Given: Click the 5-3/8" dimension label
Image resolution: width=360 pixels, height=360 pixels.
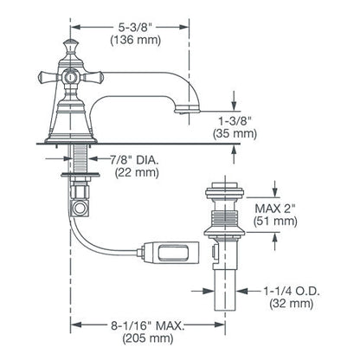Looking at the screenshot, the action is click(x=135, y=28).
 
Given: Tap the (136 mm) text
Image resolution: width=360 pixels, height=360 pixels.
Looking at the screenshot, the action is click(x=135, y=40).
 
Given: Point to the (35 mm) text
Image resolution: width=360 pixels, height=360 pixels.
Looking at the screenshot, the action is click(x=235, y=134).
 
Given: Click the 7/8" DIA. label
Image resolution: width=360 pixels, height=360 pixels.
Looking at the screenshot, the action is click(x=134, y=160).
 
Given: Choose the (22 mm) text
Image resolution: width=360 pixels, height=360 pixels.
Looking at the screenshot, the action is click(x=137, y=172).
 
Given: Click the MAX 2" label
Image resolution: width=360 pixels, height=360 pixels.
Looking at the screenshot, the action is click(x=275, y=208).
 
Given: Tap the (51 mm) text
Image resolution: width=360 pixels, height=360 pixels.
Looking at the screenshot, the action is click(x=275, y=221).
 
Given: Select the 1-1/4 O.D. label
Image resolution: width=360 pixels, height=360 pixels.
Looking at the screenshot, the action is click(x=292, y=291).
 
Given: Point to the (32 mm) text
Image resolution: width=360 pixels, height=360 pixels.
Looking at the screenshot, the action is click(x=292, y=304).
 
